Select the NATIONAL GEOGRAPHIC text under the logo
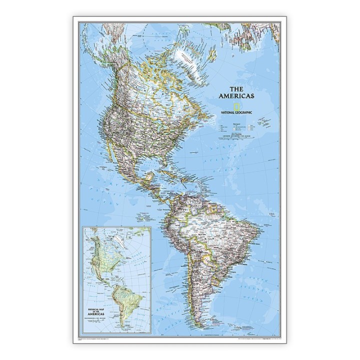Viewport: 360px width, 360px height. click(x=236, y=113)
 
